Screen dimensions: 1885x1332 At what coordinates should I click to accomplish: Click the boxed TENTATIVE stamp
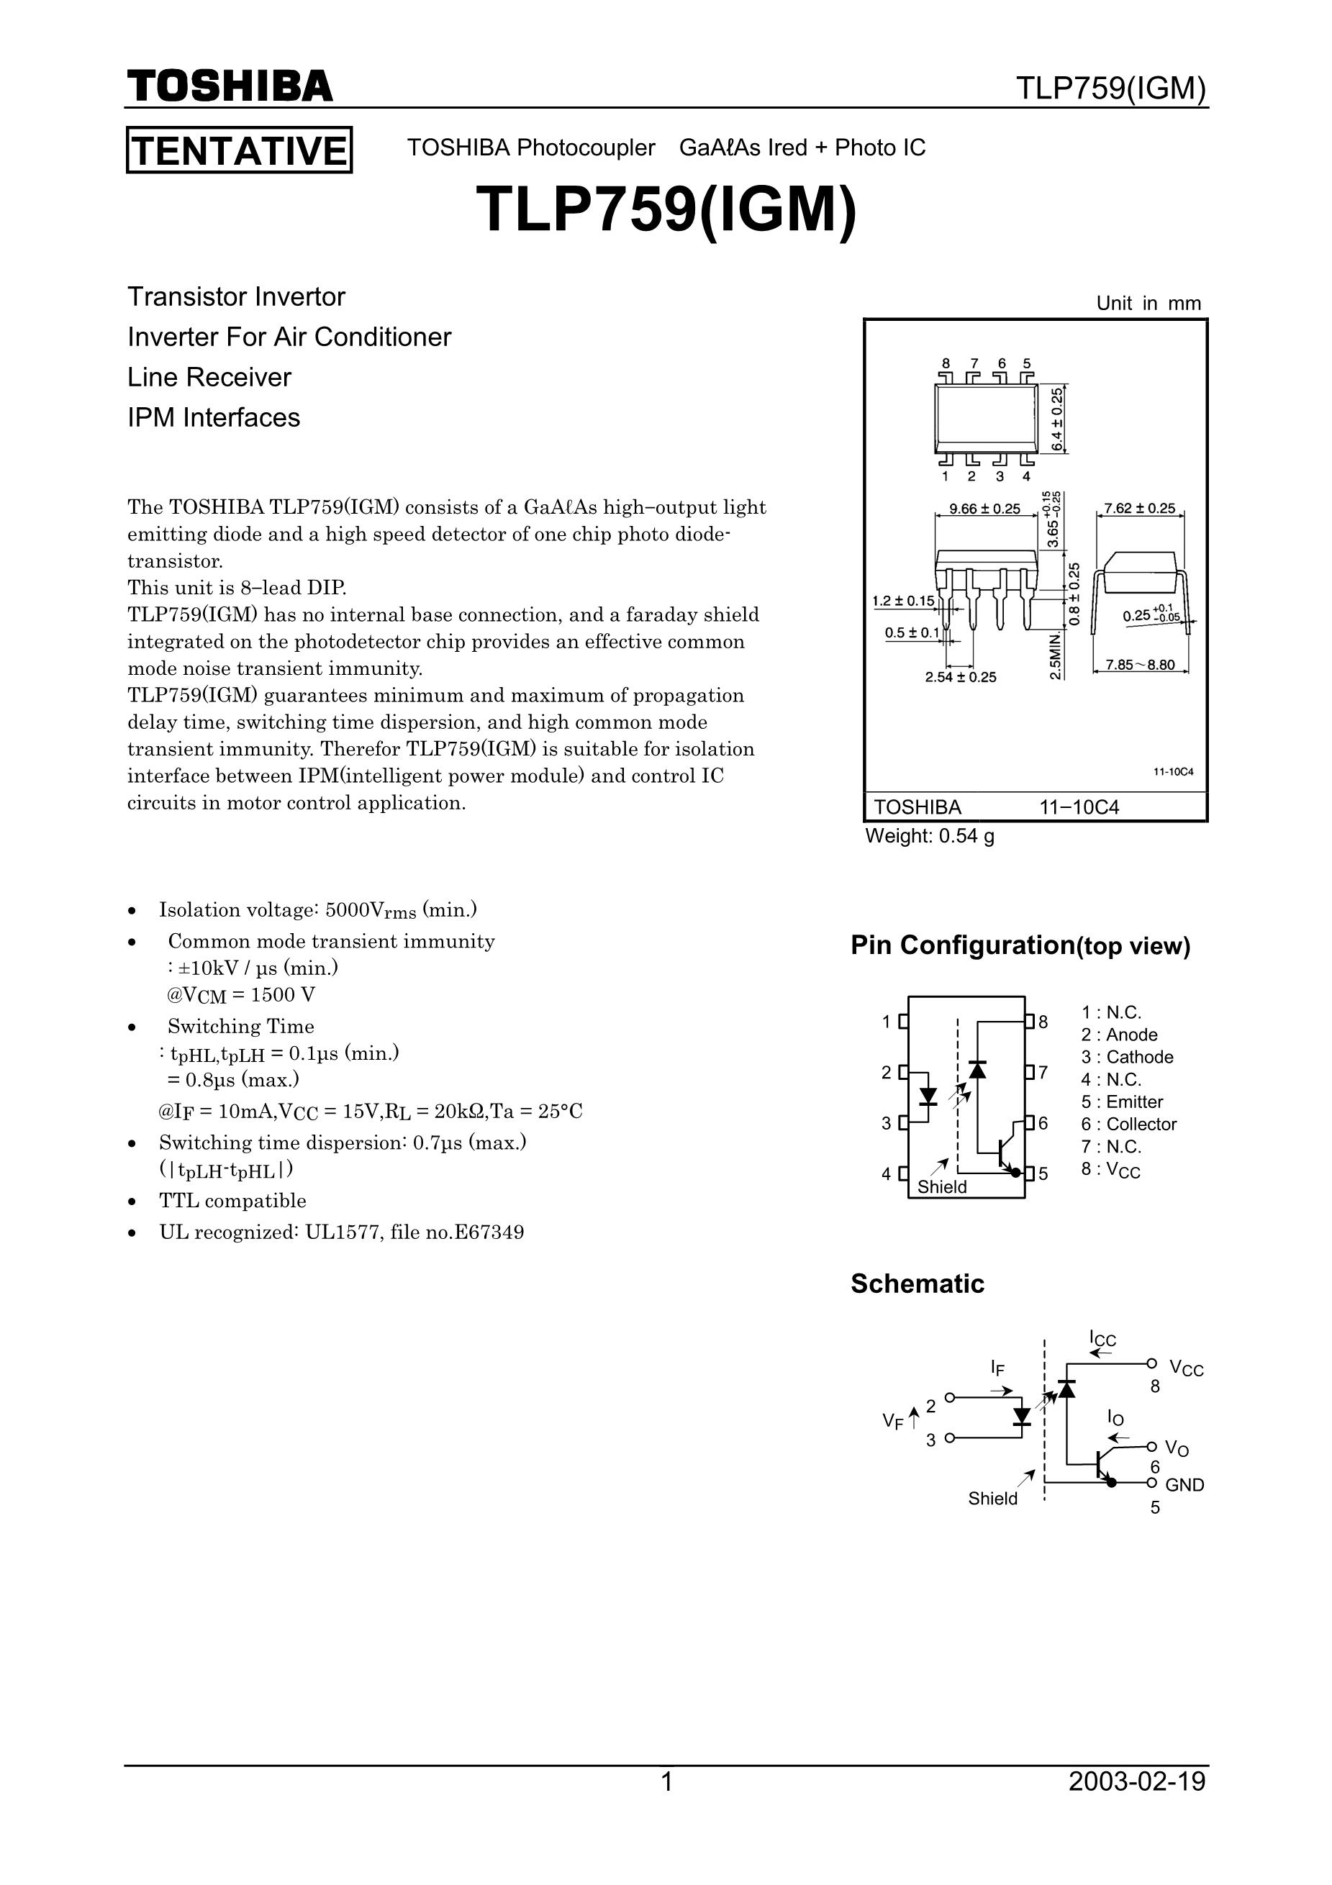tap(239, 150)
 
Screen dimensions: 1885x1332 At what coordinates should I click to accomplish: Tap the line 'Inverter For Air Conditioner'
tap(289, 337)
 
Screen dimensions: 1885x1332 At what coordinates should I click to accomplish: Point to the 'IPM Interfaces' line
tap(214, 417)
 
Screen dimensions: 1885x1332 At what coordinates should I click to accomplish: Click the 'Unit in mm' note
tap(1148, 303)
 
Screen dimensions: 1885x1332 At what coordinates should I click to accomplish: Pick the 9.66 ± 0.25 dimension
tap(984, 509)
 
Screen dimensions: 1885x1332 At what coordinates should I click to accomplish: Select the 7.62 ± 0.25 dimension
tap(1140, 509)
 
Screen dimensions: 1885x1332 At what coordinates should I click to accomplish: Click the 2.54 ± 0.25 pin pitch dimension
tap(960, 677)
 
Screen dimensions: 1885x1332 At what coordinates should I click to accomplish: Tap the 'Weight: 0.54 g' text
tap(930, 837)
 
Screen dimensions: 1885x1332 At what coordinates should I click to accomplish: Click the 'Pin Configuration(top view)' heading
tap(1020, 946)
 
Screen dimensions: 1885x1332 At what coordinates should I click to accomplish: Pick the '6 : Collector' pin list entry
tap(1129, 1124)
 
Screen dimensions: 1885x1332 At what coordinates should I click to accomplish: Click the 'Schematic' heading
tap(918, 1284)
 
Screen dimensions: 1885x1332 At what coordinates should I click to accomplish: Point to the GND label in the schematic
tap(1184, 1484)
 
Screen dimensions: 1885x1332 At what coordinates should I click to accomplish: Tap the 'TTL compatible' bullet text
tap(232, 1201)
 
